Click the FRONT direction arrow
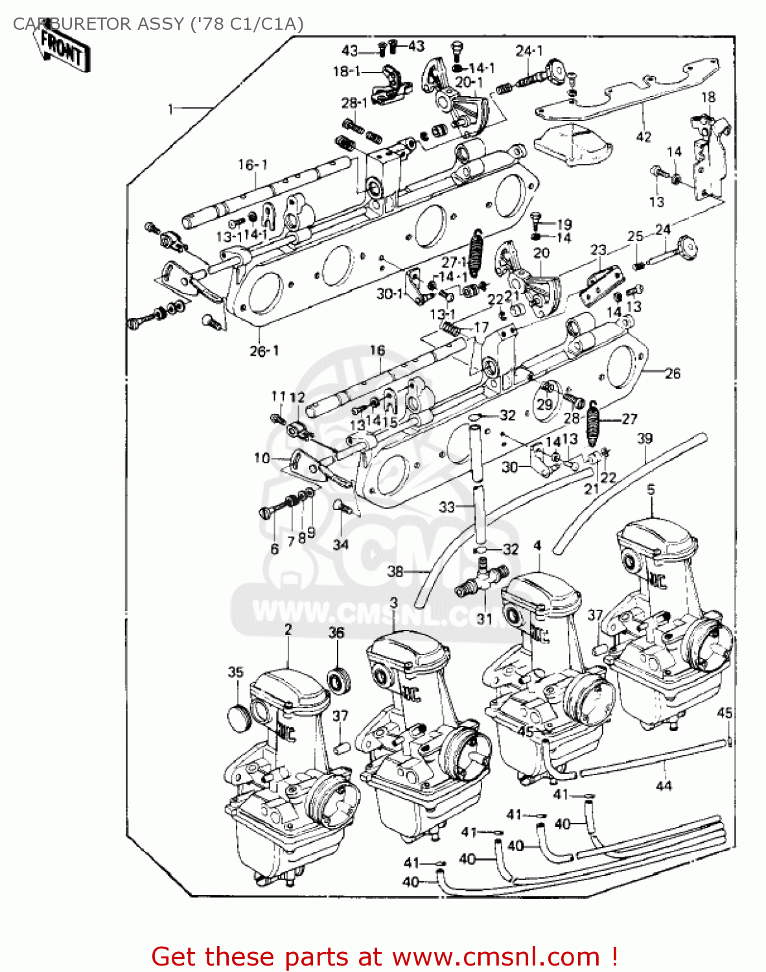click(62, 51)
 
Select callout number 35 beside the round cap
click(235, 672)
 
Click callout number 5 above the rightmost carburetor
click(651, 489)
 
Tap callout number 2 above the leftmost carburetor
click(288, 629)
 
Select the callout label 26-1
click(264, 351)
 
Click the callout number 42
click(643, 137)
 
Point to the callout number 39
click(644, 439)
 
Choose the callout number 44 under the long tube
click(664, 785)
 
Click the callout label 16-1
click(252, 165)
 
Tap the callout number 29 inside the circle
click(545, 404)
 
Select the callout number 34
click(340, 545)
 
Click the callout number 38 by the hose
click(395, 571)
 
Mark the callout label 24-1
click(529, 51)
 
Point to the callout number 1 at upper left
click(171, 109)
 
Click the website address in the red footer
click(496, 956)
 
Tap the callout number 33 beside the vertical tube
click(447, 506)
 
